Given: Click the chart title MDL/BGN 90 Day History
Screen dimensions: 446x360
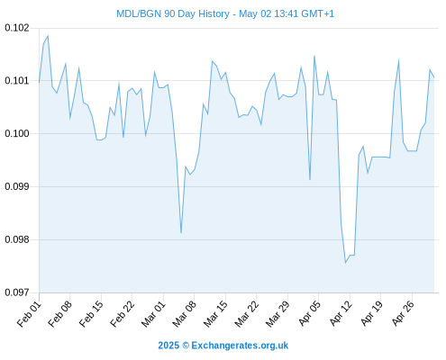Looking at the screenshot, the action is pos(173,13).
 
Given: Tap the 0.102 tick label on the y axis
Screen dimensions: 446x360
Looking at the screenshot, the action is pos(17,28).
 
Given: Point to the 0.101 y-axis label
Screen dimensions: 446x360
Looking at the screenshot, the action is pos(17,81).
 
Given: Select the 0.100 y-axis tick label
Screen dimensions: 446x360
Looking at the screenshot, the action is pos(17,133).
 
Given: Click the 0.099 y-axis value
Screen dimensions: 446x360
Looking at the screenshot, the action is pos(17,186).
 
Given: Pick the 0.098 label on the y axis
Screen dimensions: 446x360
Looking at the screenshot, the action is pos(17,239).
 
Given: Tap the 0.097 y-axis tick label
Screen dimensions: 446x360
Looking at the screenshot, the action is pos(17,292).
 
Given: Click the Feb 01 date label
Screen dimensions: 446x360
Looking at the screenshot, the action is pos(29,313).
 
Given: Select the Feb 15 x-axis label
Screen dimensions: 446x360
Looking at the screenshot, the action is pos(91,313).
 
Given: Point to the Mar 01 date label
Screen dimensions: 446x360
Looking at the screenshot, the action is pos(153,313).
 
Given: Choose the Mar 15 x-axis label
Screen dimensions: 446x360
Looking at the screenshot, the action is pos(215,313).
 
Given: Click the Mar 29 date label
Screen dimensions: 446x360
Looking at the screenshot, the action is pos(278,313).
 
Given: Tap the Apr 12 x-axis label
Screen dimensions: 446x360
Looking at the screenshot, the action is pos(340,313).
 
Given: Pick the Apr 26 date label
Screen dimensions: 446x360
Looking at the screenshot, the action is pos(402,313).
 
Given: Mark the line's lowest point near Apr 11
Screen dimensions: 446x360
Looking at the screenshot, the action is pos(345,263).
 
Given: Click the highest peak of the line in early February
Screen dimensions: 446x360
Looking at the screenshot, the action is pos(48,36).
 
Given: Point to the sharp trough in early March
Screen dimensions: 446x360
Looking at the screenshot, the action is pos(181,232).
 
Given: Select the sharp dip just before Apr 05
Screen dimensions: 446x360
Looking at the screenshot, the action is pos(310,180).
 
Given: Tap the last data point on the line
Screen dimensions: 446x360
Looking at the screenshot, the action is pos(434,77).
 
